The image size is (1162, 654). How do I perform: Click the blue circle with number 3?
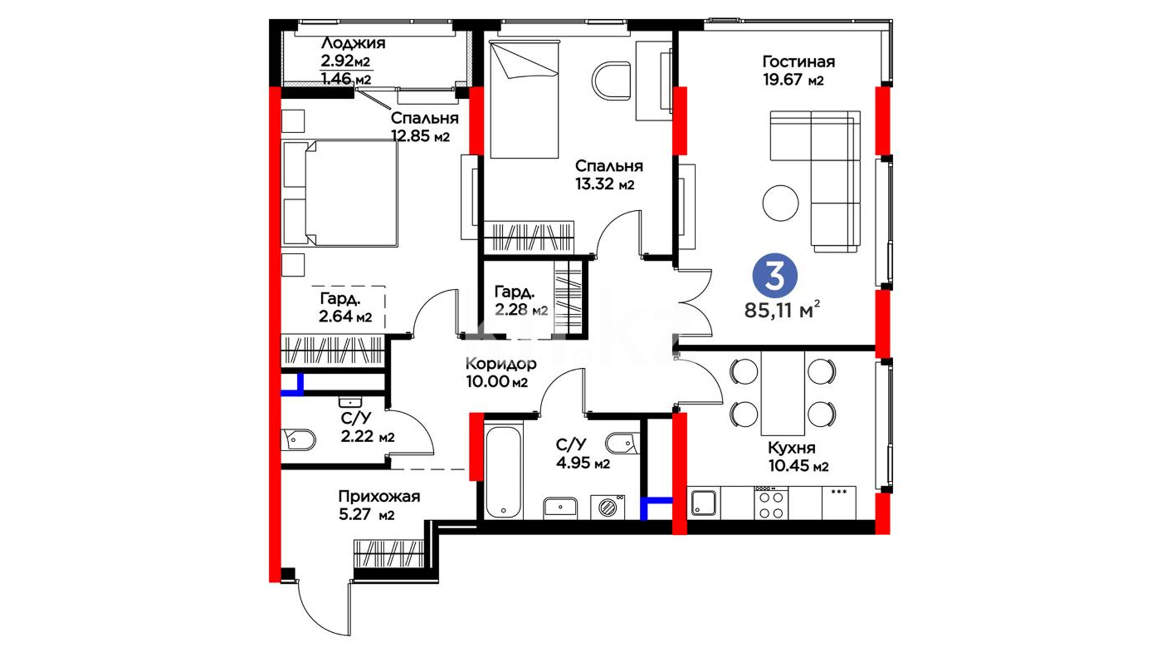click(775, 276)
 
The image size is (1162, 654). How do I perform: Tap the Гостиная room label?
click(798, 62)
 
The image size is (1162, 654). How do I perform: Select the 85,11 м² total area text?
click(783, 310)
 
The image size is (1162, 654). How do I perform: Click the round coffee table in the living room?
click(781, 203)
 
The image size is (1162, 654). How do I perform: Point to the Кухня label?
click(792, 448)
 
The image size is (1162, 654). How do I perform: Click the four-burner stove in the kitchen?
click(771, 503)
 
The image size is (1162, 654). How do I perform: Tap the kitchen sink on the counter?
click(704, 503)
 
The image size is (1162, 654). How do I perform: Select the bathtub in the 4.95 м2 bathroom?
click(503, 472)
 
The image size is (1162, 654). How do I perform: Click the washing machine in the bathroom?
click(608, 507)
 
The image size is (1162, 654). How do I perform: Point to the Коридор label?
click(501, 363)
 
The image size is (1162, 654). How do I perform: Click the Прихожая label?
click(379, 497)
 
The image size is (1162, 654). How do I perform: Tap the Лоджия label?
click(353, 43)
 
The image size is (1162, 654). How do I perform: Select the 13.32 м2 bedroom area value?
click(605, 183)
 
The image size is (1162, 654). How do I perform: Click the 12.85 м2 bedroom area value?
click(421, 136)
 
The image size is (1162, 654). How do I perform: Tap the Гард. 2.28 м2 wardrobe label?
click(520, 301)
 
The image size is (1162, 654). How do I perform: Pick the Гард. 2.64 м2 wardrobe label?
click(346, 308)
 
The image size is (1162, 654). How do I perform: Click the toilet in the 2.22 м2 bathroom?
click(298, 440)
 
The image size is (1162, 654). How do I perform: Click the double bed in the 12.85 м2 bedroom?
click(340, 193)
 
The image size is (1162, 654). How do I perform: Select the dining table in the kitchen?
click(783, 394)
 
